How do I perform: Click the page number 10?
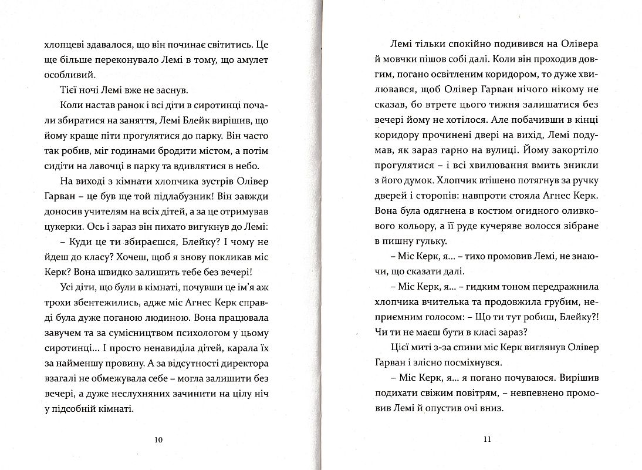tap(157, 439)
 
